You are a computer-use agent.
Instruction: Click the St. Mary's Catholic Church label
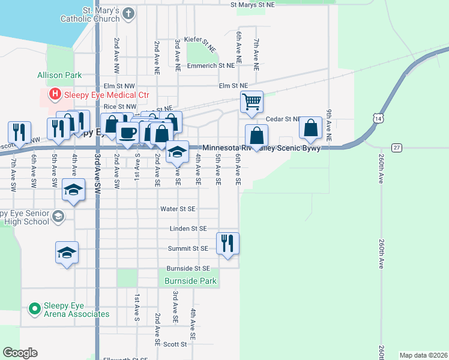(x=90, y=15)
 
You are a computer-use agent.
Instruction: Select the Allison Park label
(x=59, y=76)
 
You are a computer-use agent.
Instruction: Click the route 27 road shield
(x=397, y=147)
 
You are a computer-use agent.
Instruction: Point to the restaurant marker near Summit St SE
(x=228, y=243)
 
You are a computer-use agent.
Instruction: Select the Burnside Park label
(x=190, y=280)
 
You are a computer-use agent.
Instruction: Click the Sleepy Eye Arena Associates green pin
(x=34, y=309)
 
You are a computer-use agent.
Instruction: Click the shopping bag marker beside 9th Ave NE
(x=310, y=127)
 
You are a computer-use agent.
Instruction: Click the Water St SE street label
(x=178, y=209)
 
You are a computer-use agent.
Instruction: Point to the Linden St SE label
(x=188, y=229)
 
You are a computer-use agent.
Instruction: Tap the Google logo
(x=20, y=353)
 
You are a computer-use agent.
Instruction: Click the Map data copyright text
(x=423, y=355)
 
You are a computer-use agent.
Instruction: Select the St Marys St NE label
(x=253, y=4)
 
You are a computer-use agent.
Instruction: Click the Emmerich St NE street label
(x=217, y=65)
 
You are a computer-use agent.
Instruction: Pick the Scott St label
(x=175, y=344)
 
